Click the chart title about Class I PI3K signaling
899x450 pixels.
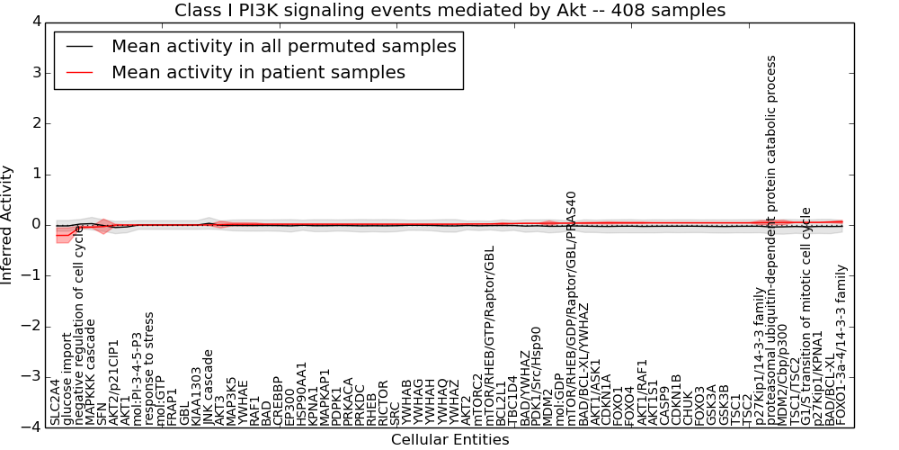tap(449, 10)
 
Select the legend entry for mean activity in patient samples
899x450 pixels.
tap(258, 72)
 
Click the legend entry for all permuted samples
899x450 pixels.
tap(283, 46)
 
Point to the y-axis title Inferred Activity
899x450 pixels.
tap(8, 224)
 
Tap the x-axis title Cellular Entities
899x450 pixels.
tap(449, 440)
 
